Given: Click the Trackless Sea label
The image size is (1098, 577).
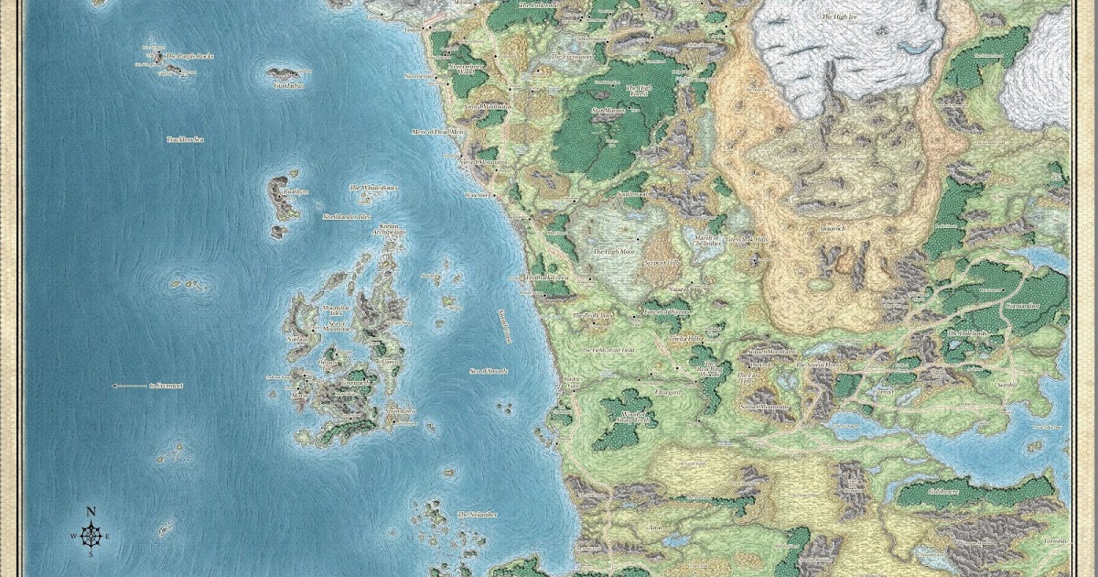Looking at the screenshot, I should click(185, 139).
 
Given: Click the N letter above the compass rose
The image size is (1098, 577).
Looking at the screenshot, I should click(91, 512).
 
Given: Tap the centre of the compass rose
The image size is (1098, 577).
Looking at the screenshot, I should click(91, 535).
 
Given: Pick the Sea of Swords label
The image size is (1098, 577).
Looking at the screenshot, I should click(490, 370).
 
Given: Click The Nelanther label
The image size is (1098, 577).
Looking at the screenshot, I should click(477, 515).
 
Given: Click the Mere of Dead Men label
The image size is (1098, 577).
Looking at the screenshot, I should click(438, 132).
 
